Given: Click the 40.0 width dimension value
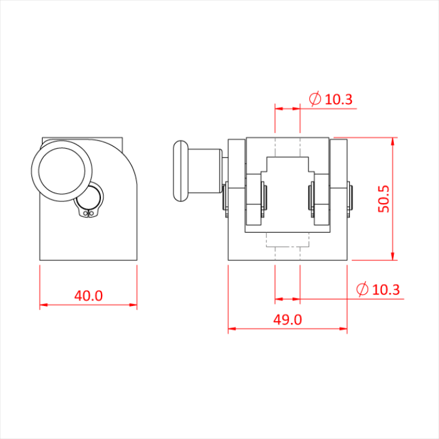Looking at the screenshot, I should [x=88, y=295].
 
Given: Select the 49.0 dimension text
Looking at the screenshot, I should [x=288, y=319].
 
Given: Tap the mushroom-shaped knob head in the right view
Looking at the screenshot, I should [x=179, y=171].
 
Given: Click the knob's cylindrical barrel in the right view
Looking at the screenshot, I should [x=206, y=171].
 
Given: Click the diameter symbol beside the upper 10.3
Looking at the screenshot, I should [x=315, y=98].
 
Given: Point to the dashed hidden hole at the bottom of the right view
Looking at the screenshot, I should [x=288, y=241].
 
